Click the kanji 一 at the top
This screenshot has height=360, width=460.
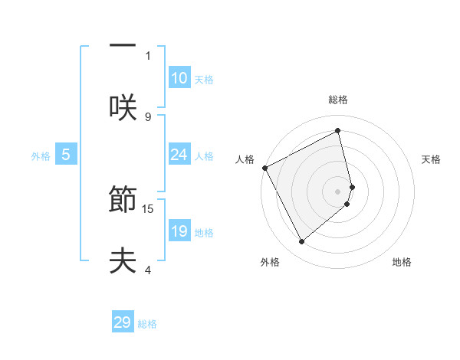122,44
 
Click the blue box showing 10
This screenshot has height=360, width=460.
179,78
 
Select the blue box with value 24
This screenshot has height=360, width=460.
179,155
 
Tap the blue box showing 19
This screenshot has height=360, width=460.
179,231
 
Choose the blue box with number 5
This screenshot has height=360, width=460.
66,155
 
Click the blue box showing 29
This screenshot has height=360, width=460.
123,322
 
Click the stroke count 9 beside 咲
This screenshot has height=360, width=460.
148,116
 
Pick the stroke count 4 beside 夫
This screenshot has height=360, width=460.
148,270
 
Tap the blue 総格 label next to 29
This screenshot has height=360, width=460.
147,324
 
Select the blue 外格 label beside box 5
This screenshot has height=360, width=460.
41,156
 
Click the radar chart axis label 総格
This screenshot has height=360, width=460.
338,100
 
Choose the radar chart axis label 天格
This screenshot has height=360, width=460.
432,159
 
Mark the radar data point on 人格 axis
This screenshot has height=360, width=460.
264,168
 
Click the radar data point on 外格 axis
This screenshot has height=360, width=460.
301,242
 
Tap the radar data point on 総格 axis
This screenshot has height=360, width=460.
338,131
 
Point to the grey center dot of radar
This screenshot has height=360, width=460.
338,191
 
